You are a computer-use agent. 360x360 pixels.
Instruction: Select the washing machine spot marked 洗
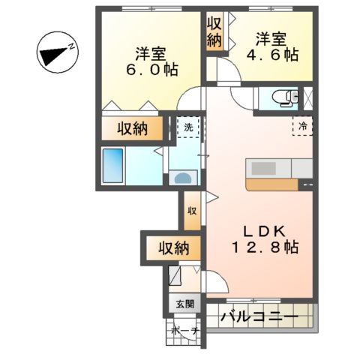click(x=188, y=127)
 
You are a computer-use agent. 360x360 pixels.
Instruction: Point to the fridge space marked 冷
click(x=303, y=126)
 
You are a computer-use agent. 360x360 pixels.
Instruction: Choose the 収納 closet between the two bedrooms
click(x=214, y=31)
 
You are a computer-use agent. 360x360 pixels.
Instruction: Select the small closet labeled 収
click(x=192, y=209)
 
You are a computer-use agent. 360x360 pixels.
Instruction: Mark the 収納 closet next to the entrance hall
click(x=172, y=247)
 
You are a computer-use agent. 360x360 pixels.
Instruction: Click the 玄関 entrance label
click(x=184, y=304)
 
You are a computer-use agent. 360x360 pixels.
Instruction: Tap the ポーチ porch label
click(x=184, y=331)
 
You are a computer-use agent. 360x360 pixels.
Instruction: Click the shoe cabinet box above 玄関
click(x=175, y=278)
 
